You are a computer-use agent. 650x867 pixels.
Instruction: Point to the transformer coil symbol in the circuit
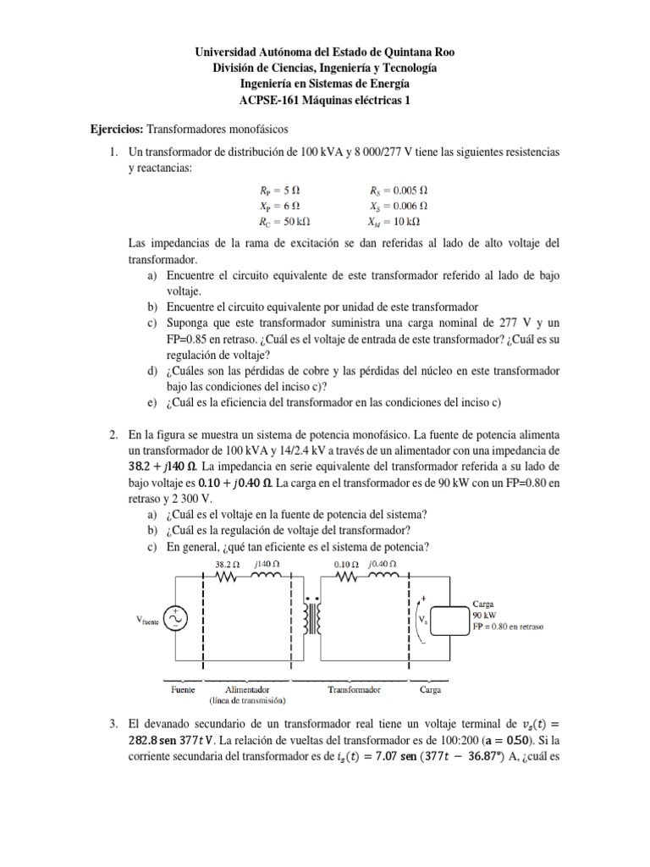[317, 619]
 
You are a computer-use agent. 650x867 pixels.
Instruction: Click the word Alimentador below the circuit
[247, 689]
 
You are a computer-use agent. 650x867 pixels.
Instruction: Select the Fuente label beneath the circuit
[184, 689]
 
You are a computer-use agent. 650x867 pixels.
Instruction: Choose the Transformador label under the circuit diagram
[354, 689]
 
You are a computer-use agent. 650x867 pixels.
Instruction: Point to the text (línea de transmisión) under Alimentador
[247, 700]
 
